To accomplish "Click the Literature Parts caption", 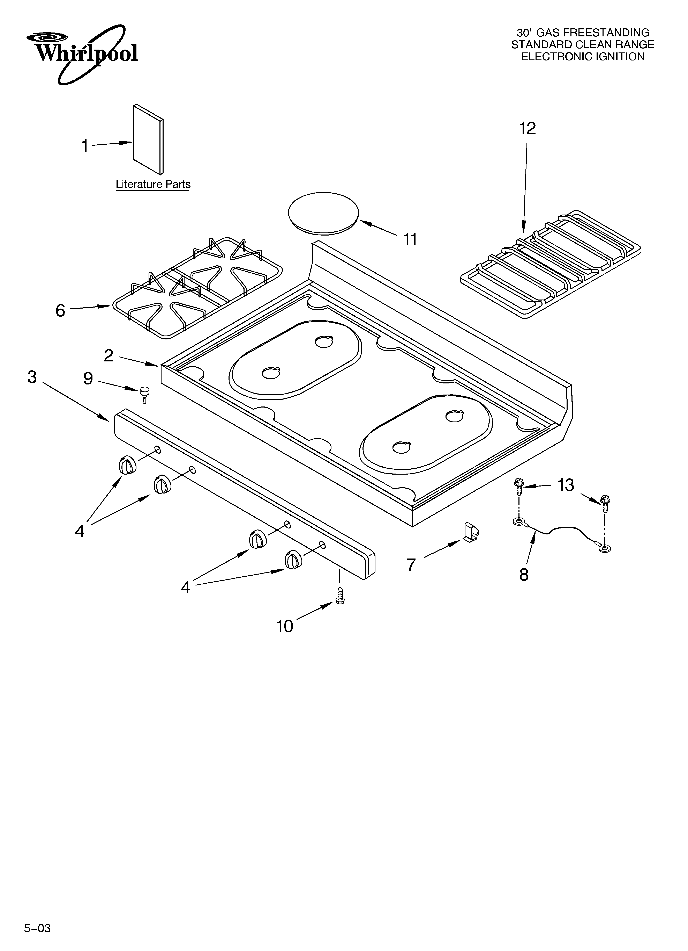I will (153, 185).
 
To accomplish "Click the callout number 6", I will (60, 311).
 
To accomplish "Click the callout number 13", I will (566, 485).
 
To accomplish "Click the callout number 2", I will (109, 356).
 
